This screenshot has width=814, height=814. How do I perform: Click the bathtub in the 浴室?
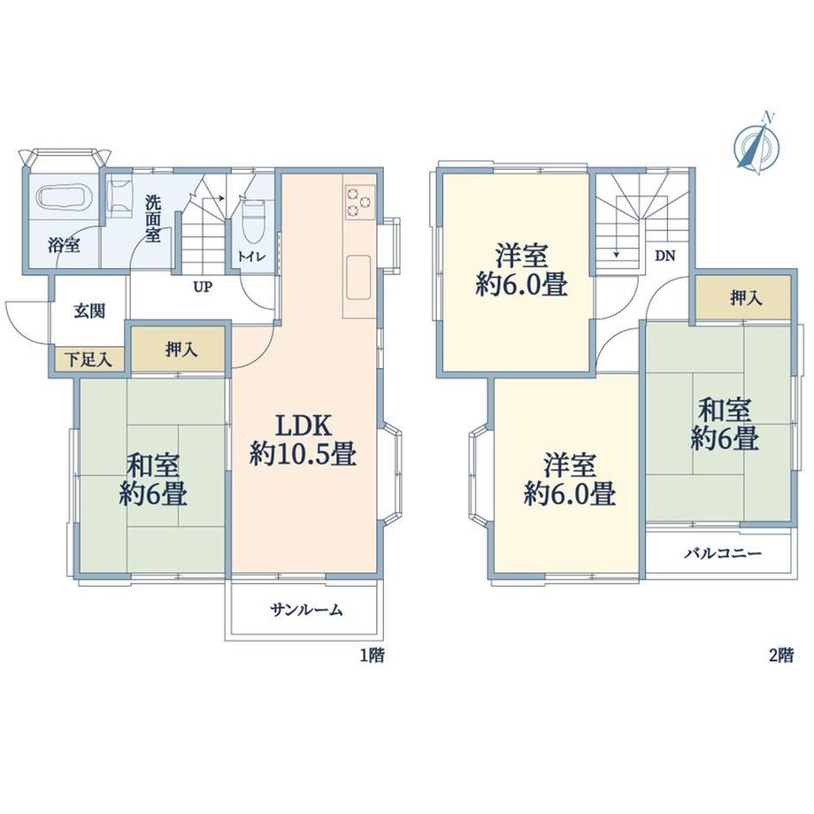click(64, 197)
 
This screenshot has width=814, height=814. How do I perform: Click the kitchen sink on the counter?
click(358, 277)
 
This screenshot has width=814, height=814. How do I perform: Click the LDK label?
click(303, 426)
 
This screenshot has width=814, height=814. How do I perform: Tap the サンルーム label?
click(307, 610)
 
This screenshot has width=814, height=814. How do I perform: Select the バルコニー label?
click(723, 553)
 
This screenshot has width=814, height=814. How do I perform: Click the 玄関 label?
click(89, 311)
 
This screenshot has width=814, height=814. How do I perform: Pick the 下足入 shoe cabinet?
click(89, 359)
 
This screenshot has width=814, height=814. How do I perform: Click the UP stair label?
click(203, 287)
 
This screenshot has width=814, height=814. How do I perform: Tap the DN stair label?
click(664, 256)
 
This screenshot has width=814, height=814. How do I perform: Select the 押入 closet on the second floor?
click(743, 297)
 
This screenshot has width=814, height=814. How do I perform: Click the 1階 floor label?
click(372, 656)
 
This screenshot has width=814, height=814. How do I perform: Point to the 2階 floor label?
click(781, 656)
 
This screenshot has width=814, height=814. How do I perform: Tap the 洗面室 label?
click(153, 218)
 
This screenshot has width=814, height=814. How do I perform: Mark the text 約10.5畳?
click(303, 454)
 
